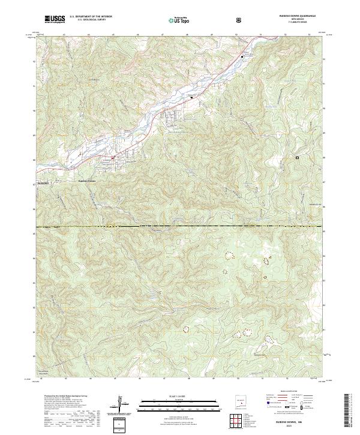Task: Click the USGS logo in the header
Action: point(55,19)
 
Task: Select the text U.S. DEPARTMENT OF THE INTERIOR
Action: point(91,17)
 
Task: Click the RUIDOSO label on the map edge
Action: point(43,180)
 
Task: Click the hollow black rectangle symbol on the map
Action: point(296,158)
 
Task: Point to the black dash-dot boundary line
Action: point(180,227)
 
